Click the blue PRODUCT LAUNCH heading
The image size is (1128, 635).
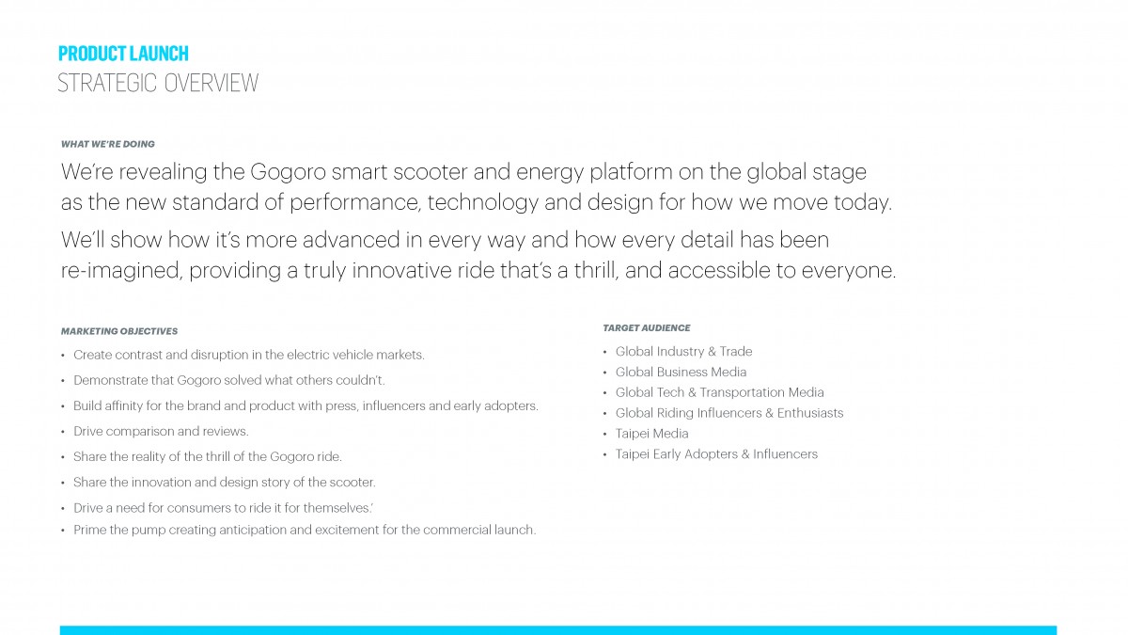(x=123, y=54)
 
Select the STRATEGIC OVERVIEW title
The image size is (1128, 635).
(x=158, y=83)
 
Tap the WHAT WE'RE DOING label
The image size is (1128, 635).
(x=108, y=144)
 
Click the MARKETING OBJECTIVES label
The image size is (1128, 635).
(x=119, y=331)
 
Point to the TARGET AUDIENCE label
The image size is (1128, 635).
(x=647, y=328)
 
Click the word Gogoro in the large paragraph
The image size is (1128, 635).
(x=288, y=172)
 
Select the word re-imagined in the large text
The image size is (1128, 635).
(x=121, y=271)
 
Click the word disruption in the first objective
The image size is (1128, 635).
(x=220, y=356)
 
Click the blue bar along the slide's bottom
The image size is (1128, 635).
(x=558, y=630)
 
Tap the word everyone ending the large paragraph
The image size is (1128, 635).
(x=849, y=271)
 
